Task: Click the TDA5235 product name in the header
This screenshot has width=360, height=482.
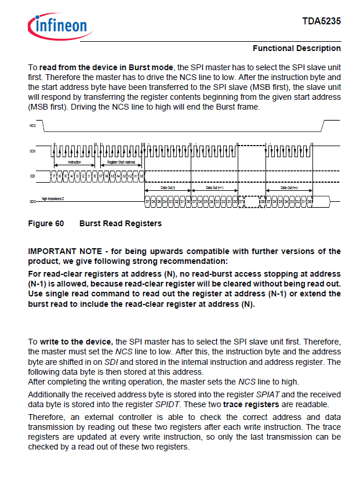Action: tap(321, 21)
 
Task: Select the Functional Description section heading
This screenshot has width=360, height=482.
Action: tap(297, 48)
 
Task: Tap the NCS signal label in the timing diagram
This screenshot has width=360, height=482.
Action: tap(32, 125)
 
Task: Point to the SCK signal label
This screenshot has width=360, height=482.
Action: tap(32, 151)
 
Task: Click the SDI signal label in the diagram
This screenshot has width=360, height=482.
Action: tap(32, 175)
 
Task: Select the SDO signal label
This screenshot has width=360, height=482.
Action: tap(32, 201)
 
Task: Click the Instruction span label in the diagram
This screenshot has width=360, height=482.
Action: tap(75, 163)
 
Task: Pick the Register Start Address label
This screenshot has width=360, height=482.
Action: tap(121, 163)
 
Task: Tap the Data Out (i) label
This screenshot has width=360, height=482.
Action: tap(166, 188)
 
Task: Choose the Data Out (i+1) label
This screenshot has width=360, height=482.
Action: tap(214, 188)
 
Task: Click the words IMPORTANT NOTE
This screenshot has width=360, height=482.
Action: tap(64, 251)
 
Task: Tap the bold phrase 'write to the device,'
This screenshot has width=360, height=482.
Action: tap(77, 342)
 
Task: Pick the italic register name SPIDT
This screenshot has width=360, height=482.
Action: tap(166, 404)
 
